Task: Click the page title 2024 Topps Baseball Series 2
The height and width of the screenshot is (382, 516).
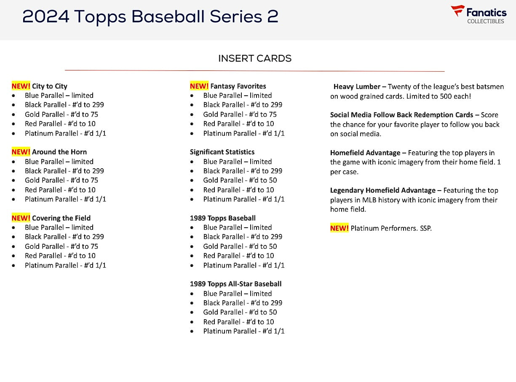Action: (150, 17)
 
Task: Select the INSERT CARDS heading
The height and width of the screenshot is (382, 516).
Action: (254, 59)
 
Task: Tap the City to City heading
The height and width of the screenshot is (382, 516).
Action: (49, 86)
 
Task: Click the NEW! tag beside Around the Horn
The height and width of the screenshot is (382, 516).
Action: (21, 152)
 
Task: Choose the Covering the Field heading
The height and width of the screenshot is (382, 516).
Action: (61, 218)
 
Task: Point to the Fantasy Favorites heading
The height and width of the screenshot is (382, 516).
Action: (238, 86)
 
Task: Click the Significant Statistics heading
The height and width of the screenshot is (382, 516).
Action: (222, 152)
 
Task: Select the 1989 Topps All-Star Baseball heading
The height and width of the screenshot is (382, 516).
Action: (235, 284)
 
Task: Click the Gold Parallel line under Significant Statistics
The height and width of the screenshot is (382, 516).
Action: (240, 180)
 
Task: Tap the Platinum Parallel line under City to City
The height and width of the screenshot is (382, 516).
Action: (65, 133)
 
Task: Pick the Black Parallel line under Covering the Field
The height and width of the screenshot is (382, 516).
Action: (64, 237)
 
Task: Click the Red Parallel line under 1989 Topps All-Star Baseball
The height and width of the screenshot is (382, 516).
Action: (238, 322)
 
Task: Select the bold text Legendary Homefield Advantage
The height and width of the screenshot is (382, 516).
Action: (382, 190)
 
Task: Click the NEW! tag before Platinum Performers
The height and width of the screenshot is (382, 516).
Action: (339, 228)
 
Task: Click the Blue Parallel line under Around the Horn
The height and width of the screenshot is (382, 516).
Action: (59, 161)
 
